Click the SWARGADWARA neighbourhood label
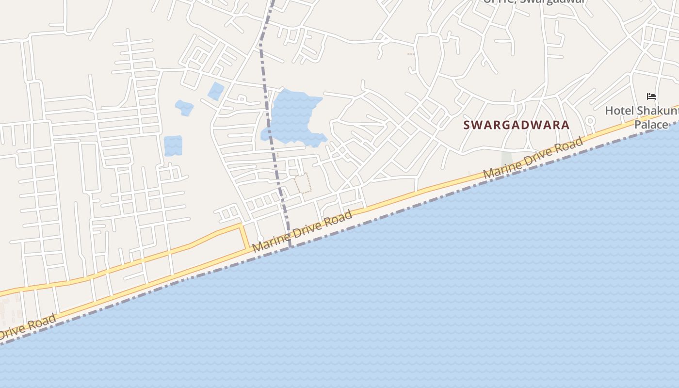[516, 125]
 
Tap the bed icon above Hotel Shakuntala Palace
[651, 97]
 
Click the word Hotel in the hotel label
[619, 111]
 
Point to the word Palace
[651, 125]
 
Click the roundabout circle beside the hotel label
[590, 121]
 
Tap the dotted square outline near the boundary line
[303, 183]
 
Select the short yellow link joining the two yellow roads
[245, 237]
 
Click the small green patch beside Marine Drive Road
[507, 159]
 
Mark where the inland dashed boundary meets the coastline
[290, 247]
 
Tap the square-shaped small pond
[173, 146]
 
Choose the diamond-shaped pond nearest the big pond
[216, 91]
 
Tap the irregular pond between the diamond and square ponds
[184, 108]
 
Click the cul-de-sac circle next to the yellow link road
[260, 238]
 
